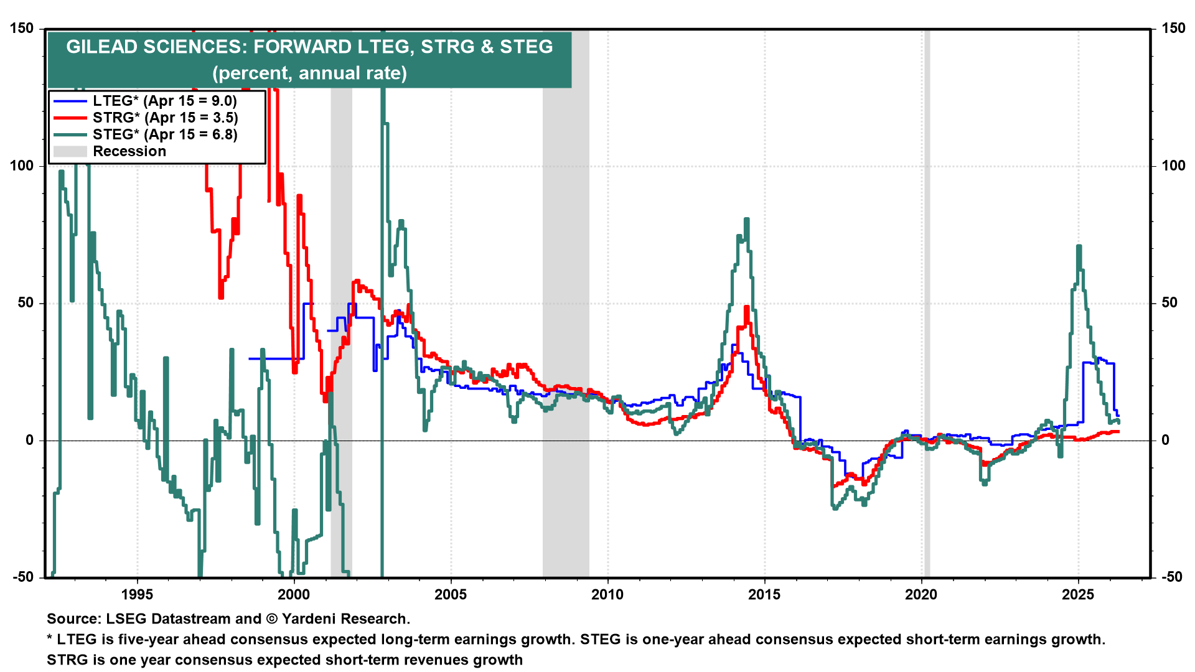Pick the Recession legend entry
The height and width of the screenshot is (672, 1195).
[x=129, y=151]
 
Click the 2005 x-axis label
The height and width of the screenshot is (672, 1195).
[x=451, y=594]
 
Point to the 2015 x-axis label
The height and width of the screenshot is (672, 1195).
[x=764, y=594]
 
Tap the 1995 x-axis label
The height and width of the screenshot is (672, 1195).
[x=137, y=594]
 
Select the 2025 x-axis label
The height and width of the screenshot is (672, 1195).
[x=1078, y=594]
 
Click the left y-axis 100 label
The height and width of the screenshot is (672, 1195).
[x=22, y=166]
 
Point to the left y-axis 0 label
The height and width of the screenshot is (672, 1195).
[x=30, y=441]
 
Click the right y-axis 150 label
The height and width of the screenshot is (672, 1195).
[x=1173, y=29]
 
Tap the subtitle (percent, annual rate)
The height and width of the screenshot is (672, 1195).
[x=309, y=73]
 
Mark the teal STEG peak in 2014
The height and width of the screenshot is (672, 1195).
[x=746, y=219]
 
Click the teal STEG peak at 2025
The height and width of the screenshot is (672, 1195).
[x=1079, y=246]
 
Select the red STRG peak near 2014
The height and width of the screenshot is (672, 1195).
[x=746, y=307]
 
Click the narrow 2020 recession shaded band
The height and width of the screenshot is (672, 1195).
[x=927, y=311]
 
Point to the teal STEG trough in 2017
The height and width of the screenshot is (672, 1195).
[x=835, y=508]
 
